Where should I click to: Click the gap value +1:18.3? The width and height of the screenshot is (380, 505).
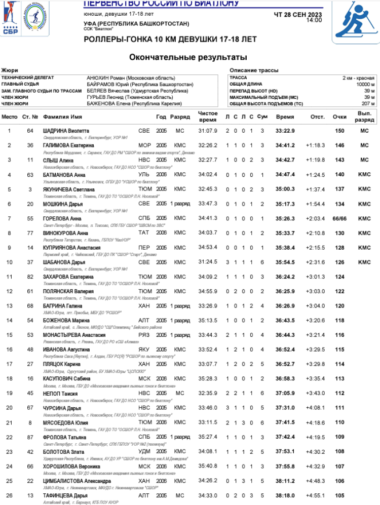point(315,145)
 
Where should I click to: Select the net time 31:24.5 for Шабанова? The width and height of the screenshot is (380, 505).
point(208,262)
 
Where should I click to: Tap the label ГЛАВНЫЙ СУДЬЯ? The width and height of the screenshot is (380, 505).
point(21,84)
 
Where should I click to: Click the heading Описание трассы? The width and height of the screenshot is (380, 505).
point(254,70)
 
